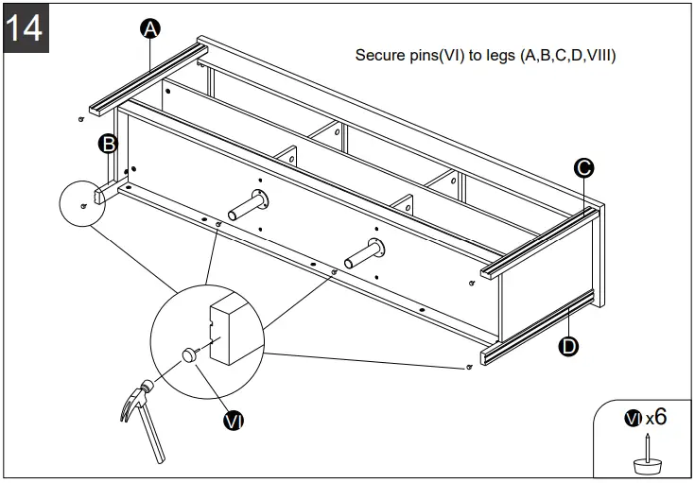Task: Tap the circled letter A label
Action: [x=149, y=29]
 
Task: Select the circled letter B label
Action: [x=109, y=144]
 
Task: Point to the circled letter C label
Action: [x=584, y=168]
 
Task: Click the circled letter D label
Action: [x=568, y=346]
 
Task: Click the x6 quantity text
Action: [x=657, y=417]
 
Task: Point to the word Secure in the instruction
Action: [x=378, y=56]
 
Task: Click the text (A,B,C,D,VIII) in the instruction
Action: [x=568, y=56]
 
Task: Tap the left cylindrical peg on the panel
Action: [x=247, y=202]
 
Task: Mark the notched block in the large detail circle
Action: [x=231, y=331]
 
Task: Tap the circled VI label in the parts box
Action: [x=633, y=418]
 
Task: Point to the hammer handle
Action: [x=148, y=436]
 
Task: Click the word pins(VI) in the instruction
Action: [x=435, y=56]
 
